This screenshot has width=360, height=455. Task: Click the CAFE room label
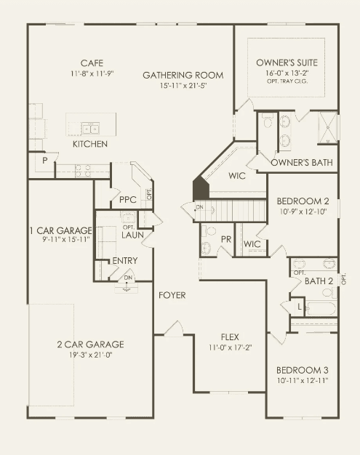pos(92,63)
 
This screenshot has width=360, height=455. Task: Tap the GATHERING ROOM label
pos(183,75)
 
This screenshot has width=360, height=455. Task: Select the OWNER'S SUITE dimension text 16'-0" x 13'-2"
pos(287,73)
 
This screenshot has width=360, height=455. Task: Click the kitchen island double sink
pos(91,128)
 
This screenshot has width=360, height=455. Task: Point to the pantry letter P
pos(44,160)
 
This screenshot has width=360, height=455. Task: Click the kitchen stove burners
pos(83,171)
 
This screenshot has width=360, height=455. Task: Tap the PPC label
pos(128,200)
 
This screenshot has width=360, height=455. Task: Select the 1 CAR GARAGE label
pos(60,230)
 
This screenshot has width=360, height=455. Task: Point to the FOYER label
pos(172,295)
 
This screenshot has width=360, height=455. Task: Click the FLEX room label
pos(230,337)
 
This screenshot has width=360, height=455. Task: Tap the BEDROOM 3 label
pos(303,370)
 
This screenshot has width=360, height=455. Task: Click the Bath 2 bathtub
pos(321,308)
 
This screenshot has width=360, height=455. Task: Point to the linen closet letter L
pos(300,307)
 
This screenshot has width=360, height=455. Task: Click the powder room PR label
pos(226,239)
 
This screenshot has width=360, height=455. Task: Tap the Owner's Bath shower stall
pos(328,127)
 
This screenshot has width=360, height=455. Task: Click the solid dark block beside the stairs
pos(201,188)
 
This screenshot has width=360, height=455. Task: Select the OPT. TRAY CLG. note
pos(287,81)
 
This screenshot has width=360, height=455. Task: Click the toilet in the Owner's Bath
pos(266,120)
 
